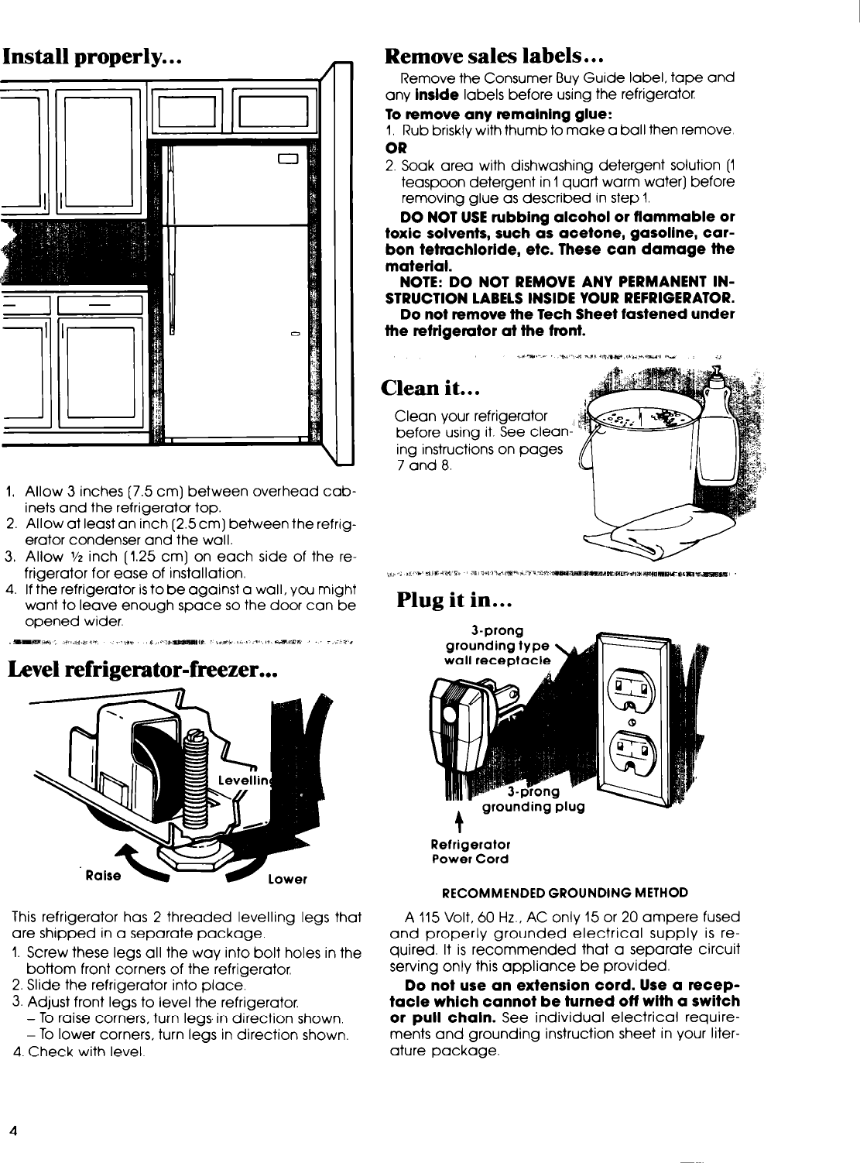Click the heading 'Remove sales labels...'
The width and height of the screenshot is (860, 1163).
point(495,56)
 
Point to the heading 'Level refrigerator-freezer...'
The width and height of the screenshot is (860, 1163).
point(142,667)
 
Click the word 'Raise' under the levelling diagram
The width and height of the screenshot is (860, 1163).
point(104,875)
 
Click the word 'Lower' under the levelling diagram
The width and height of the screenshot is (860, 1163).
point(288,880)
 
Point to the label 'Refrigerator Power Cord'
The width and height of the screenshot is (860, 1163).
point(470,851)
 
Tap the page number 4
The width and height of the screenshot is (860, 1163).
point(13,1129)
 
